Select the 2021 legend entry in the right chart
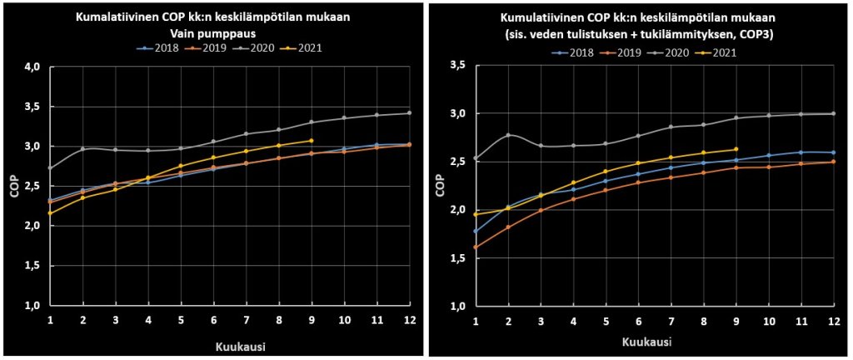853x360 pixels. coord(718,52)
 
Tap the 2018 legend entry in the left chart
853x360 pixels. coord(156,47)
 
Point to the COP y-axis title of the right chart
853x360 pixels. coord(439,185)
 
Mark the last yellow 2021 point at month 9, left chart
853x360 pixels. coord(311,141)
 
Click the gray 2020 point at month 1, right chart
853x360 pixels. coord(476,158)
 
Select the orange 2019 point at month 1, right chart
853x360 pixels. coord(476,247)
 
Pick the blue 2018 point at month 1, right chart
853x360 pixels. coord(476,231)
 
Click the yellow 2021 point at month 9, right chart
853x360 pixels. coord(736,149)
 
